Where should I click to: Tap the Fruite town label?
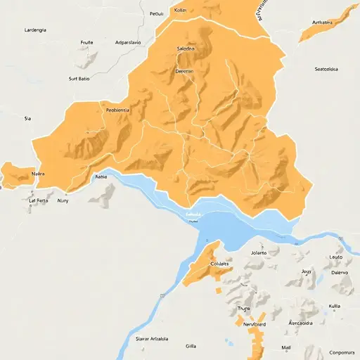87,42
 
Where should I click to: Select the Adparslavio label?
127,42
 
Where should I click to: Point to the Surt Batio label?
80,79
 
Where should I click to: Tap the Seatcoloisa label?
327,69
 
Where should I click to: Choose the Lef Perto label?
39,200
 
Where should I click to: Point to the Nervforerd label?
250,324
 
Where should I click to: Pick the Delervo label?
340,272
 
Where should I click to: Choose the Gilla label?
191,346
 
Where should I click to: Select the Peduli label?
156,13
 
